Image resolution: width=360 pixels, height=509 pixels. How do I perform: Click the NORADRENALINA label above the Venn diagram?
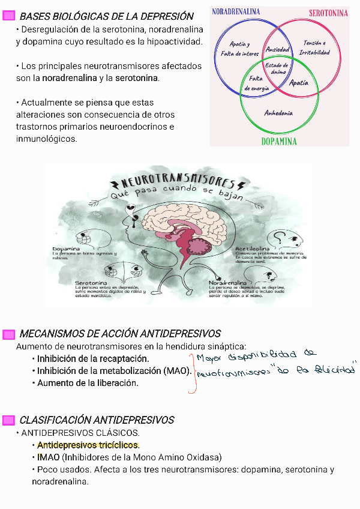[x=236, y=11]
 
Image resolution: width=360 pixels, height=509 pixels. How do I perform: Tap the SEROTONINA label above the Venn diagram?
[x=328, y=13]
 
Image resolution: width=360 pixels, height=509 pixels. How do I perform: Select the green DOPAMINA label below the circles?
[x=279, y=142]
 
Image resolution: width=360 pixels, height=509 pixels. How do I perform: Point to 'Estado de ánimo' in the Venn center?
[x=277, y=68]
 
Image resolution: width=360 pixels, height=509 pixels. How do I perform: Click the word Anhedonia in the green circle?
[x=278, y=113]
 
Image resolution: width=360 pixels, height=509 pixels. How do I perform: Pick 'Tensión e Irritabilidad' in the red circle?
[x=316, y=48]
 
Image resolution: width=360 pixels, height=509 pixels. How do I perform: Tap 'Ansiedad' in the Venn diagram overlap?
[x=277, y=50]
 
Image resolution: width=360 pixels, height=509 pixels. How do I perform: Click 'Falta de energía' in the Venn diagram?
[x=256, y=83]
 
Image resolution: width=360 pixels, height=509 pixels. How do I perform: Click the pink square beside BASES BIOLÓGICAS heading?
[x=8, y=16]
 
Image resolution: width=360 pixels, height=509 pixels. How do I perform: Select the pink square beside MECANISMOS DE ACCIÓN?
[x=8, y=334]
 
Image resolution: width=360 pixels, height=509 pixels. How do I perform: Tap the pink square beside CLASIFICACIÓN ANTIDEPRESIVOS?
[x=8, y=420]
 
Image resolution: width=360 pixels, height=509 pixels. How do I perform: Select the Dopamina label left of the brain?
[x=66, y=248]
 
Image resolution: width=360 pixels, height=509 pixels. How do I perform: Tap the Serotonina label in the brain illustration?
[x=91, y=283]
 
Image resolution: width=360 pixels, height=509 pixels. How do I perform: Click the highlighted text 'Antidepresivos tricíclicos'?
[x=88, y=445]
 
